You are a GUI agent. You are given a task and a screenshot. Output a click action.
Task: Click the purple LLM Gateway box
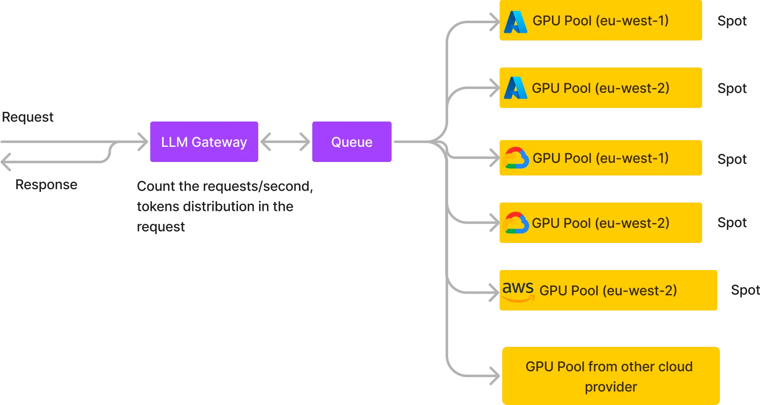point(204,142)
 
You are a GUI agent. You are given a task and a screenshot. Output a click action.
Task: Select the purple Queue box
point(351,142)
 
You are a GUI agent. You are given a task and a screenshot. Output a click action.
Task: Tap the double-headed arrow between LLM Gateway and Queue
point(285,142)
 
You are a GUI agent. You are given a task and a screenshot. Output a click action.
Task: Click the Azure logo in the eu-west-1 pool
point(516,22)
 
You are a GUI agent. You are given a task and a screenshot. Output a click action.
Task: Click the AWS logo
point(518,291)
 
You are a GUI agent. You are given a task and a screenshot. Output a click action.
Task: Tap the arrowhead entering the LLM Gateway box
point(142,142)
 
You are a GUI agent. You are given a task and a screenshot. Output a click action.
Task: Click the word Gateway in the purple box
point(219,142)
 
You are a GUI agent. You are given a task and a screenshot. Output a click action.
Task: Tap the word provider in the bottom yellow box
point(611,387)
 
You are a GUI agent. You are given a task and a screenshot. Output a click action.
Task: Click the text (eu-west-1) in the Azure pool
point(632,21)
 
